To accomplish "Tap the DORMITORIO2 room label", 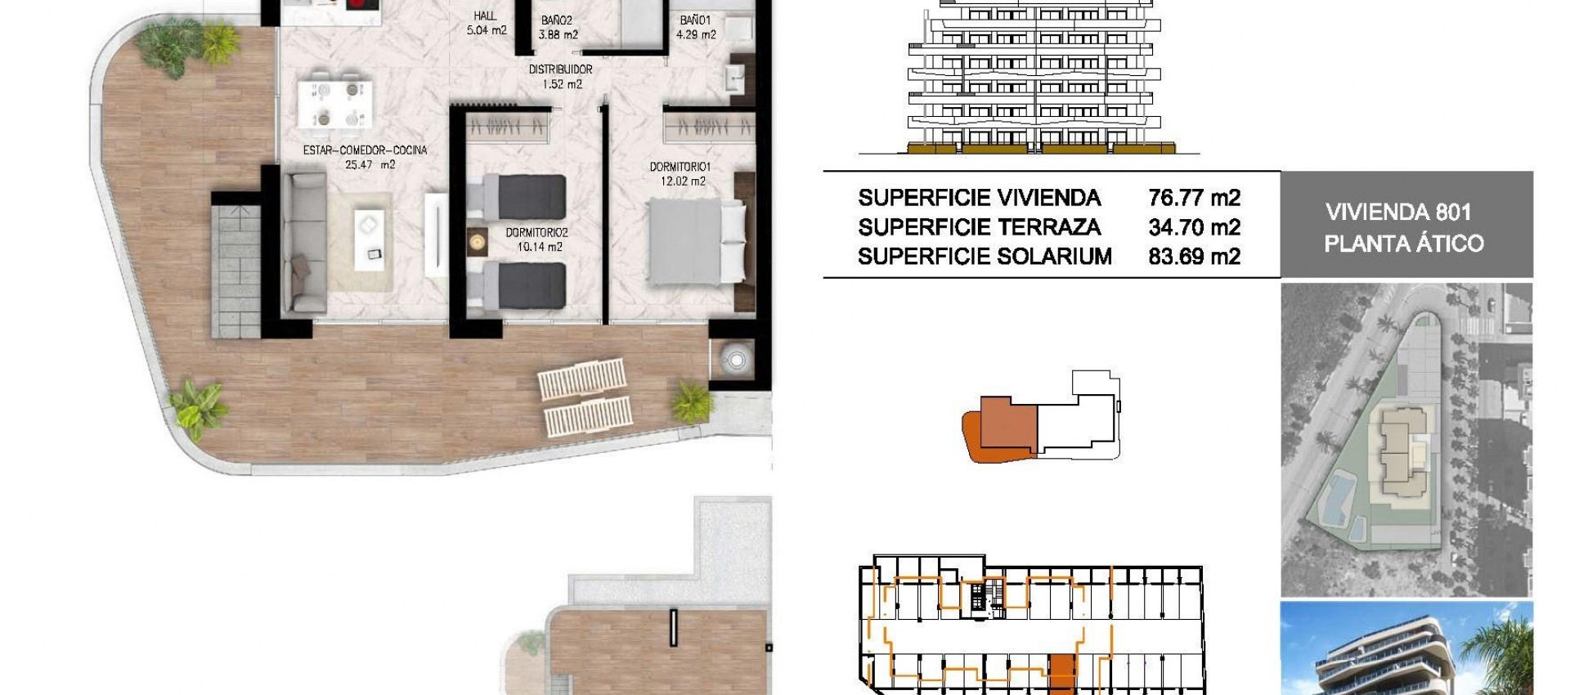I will click(536, 233).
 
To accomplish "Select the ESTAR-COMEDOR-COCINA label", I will click(365, 150).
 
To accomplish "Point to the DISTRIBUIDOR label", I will click(560, 69).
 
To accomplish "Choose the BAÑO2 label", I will click(557, 21).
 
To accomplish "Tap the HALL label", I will click(485, 16).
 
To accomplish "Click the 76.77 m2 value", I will click(1194, 198).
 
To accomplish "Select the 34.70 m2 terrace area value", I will click(1194, 227).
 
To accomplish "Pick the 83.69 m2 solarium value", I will click(1194, 257).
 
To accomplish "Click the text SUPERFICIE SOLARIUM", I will click(985, 257).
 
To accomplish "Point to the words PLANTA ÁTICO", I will click(1403, 244).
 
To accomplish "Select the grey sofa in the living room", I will click(303, 242).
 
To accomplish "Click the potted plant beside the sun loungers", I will click(692, 401).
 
